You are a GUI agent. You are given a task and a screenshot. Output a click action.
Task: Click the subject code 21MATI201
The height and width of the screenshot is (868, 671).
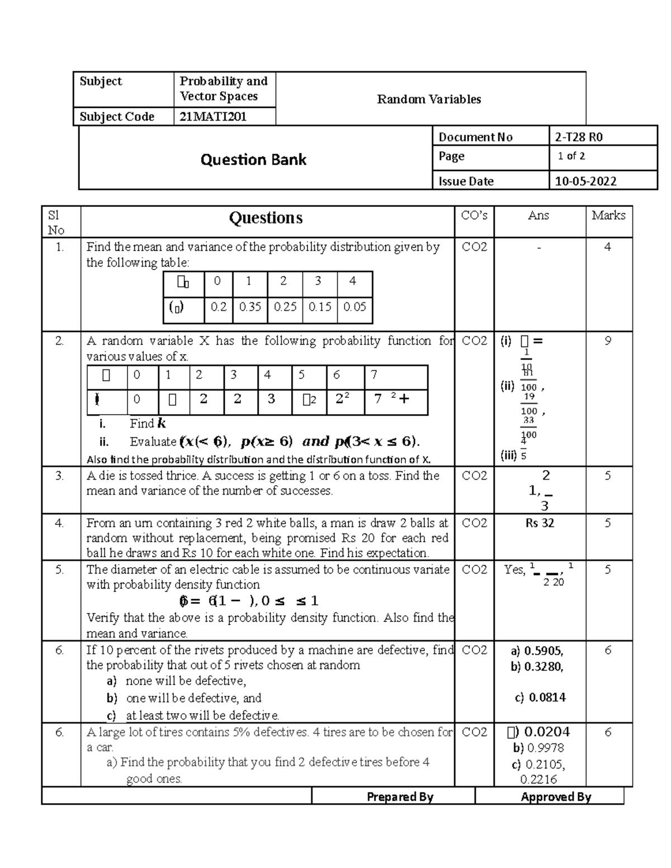(212, 117)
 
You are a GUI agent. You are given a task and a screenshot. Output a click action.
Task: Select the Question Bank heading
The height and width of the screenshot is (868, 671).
(253, 160)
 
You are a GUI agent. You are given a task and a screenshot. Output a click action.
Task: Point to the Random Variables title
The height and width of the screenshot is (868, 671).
(429, 99)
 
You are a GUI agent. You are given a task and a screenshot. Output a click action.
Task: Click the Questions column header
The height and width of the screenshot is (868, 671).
(266, 218)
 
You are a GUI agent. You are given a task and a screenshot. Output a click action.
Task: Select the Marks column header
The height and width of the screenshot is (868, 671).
(608, 216)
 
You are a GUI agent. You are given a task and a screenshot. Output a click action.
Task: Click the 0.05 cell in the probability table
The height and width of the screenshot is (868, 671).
(355, 307)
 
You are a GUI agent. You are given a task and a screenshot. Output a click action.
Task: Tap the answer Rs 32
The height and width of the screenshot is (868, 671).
(540, 523)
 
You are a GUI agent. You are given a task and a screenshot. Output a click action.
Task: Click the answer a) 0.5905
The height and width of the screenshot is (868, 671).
(537, 651)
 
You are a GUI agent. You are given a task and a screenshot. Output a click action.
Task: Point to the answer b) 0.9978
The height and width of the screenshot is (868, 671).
(538, 748)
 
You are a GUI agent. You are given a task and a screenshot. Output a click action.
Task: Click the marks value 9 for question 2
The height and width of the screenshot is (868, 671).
(608, 341)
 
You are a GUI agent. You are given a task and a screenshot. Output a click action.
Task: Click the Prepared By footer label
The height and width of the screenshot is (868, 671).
(400, 797)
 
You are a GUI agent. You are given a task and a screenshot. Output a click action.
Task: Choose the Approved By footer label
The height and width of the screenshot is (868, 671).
(556, 797)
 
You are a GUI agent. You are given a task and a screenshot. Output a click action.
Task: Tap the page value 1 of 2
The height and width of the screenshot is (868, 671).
(571, 156)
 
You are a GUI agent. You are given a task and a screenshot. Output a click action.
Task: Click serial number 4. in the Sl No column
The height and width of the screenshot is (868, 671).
(59, 523)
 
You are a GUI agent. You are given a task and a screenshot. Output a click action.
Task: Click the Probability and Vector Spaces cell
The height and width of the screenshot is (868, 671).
(223, 89)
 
